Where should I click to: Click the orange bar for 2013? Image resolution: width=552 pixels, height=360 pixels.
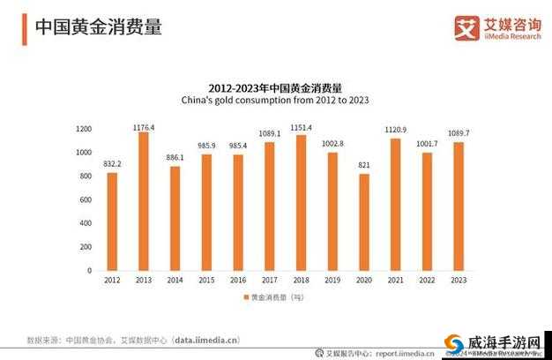pos(144,201)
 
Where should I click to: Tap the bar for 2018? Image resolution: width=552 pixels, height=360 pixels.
pos(302,203)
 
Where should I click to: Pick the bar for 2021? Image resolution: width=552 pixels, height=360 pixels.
pos(395,204)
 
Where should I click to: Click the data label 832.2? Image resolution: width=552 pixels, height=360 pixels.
pos(112,164)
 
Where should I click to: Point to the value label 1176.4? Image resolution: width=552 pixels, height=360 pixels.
pos(144,127)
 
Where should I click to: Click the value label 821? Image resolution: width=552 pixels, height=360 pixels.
pos(364,165)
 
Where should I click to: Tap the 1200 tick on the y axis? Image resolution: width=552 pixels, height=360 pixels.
pos(84,129)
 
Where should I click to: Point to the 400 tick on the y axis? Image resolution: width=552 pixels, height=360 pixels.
pos(86,223)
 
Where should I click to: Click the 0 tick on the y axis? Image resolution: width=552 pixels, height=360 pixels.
pos(89,271)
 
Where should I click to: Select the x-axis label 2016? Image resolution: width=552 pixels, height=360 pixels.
pos(238,281)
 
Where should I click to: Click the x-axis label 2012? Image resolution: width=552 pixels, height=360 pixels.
pos(112,281)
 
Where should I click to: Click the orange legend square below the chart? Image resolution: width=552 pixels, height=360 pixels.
pos(244,297)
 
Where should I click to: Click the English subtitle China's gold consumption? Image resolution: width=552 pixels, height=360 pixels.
pos(275,101)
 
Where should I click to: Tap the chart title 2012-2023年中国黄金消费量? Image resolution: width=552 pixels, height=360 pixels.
pos(275,87)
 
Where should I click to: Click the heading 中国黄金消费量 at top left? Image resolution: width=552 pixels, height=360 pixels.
pos(98,27)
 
